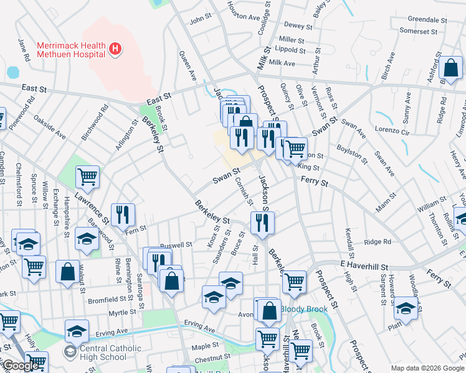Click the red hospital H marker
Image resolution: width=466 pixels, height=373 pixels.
[x=114, y=48]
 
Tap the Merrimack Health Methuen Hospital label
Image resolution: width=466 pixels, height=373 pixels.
[x=70, y=49]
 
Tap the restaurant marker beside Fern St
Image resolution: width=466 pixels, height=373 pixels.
[x=123, y=215]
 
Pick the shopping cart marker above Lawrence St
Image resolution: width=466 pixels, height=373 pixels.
[x=88, y=177]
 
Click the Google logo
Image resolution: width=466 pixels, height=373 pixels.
[x=21, y=366]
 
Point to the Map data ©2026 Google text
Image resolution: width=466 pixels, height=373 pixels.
[x=427, y=368]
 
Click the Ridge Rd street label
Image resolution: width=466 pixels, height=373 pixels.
[x=378, y=242]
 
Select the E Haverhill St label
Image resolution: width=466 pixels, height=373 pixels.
[x=364, y=265]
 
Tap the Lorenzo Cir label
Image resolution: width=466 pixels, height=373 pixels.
[x=392, y=132]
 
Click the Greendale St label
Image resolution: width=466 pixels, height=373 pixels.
[x=424, y=19]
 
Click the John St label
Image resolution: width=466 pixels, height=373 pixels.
[x=201, y=20]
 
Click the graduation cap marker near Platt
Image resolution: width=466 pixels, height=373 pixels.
[x=406, y=309]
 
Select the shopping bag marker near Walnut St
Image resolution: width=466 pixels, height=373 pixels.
[x=67, y=272]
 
